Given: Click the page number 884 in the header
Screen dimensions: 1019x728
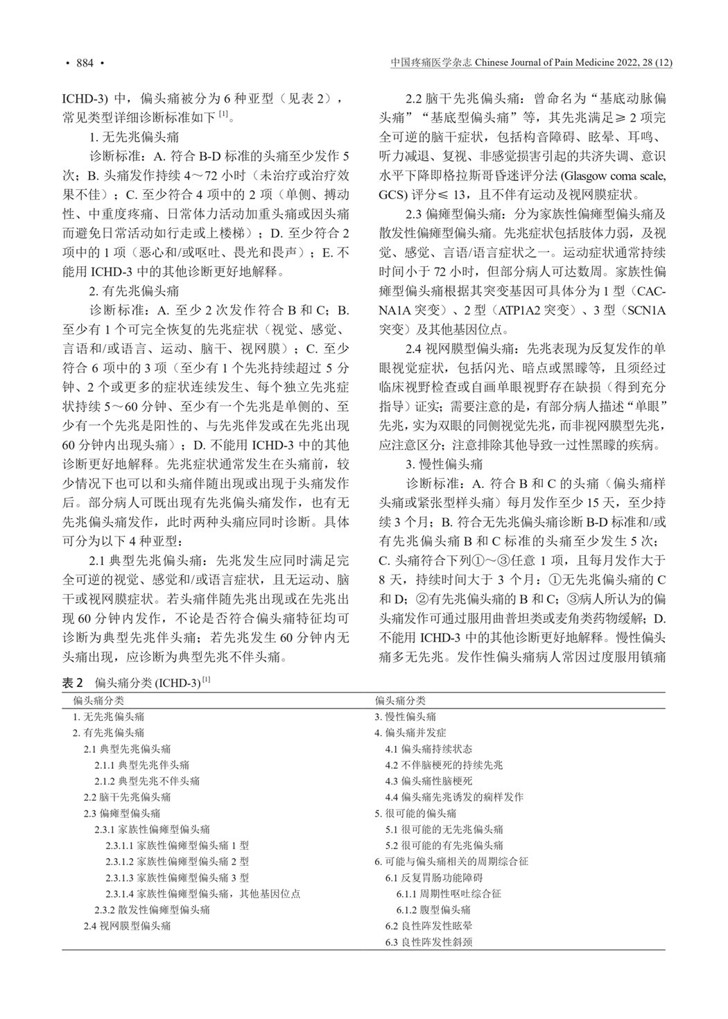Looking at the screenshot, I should click(85, 64).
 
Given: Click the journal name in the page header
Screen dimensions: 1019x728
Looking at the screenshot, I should click(530, 64).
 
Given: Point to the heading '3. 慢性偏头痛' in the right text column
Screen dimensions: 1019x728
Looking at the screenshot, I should click(444, 464).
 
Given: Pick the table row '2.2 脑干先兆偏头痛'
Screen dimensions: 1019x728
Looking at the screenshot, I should click(127, 797).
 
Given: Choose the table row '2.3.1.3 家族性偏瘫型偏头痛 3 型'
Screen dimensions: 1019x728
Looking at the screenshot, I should click(177, 878).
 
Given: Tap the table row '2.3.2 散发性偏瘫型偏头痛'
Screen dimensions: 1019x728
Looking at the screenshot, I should click(152, 909).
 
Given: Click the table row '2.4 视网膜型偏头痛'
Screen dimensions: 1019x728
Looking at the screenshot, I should click(127, 925).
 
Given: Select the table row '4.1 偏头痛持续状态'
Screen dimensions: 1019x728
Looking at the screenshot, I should click(428, 749).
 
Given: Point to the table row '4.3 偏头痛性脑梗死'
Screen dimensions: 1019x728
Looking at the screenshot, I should click(428, 781).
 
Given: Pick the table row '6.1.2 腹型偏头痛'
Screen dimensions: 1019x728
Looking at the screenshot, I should click(433, 909).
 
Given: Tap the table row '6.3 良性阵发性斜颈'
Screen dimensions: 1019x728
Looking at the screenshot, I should click(428, 942).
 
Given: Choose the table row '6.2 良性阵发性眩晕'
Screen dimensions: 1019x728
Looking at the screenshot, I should click(428, 925).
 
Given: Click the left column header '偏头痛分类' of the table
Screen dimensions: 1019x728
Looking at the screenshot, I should click(99, 701).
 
